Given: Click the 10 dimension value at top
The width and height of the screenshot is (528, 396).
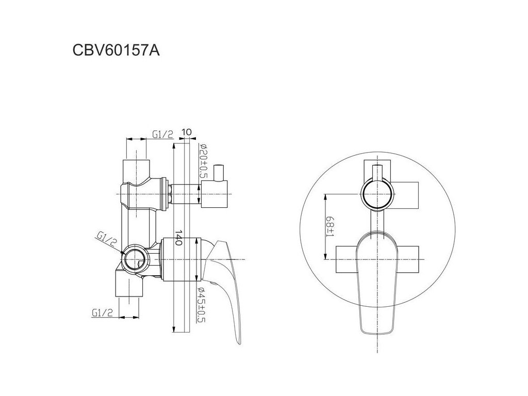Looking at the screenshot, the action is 187,132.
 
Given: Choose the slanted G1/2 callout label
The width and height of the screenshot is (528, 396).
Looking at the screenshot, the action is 106,239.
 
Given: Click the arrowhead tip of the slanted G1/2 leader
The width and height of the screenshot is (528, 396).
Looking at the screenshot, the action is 124,253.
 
